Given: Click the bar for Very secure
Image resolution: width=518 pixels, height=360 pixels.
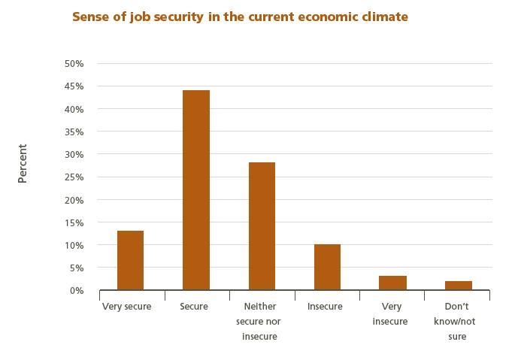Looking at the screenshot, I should [130, 260].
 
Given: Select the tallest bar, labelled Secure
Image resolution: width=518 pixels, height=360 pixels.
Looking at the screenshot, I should [195, 190].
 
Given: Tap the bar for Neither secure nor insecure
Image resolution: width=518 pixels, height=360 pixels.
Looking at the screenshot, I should [261, 226].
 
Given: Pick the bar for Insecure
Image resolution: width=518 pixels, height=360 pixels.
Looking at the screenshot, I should [327, 267].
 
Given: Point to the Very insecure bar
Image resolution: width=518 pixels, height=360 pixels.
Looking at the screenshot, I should [392, 283].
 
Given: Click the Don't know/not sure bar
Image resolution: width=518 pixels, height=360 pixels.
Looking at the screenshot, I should [458, 285].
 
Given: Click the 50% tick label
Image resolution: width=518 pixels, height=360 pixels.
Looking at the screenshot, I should [74, 64].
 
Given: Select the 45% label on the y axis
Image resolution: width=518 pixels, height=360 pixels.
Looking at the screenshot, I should [74, 86].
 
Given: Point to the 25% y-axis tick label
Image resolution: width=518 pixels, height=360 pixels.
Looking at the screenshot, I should [74, 177].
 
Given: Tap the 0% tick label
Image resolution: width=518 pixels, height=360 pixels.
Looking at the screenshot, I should [76, 291].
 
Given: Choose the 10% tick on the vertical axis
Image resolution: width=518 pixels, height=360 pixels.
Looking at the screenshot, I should [74, 245].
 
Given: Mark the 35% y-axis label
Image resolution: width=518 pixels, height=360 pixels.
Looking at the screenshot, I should [74, 132].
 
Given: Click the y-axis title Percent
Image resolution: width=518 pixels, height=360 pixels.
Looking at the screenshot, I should [23, 163].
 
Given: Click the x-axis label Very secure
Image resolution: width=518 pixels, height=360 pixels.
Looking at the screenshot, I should [126, 307].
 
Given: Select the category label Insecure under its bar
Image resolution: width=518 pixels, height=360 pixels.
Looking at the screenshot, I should [325, 307].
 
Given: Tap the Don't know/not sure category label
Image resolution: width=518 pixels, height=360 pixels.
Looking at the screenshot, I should [455, 321].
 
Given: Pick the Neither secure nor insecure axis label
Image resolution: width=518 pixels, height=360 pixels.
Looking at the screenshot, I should [260, 321].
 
